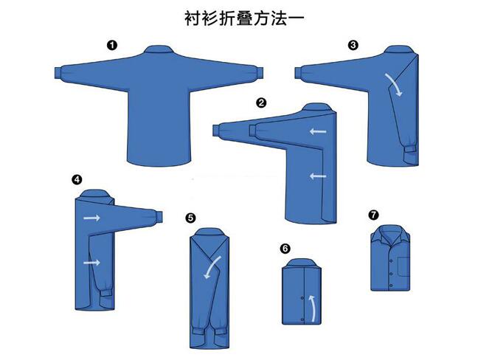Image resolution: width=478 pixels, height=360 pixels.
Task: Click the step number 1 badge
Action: tap(112, 46)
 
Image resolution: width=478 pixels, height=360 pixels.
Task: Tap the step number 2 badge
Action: tap(261, 103)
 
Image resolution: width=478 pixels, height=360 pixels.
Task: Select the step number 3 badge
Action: tap(353, 46)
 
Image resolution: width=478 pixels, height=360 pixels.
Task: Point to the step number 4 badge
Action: tap(77, 179)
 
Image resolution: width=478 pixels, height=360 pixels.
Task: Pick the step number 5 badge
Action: tap(190, 218)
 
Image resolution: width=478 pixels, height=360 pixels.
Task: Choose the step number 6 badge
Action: tap(285, 249)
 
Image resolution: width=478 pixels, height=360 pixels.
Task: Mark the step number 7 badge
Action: tap(373, 215)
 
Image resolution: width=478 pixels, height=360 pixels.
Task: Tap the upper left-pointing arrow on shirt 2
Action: tap(318, 132)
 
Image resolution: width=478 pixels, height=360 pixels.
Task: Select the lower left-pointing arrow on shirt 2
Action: tap(318, 176)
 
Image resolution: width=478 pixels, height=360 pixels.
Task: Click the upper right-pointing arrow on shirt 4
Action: tap(91, 218)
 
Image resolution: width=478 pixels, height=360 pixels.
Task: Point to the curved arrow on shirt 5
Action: tap(213, 266)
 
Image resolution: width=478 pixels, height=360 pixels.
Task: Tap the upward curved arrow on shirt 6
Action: tap(313, 308)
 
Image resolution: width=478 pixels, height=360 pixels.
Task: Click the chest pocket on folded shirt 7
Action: tap(404, 267)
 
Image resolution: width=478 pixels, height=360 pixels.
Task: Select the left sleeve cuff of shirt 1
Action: tap(59, 73)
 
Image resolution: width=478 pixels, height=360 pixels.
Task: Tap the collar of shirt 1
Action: tap(159, 49)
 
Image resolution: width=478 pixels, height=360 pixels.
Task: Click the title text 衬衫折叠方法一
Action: tap(244, 18)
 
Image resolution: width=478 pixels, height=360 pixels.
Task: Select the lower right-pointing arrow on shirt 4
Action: tap(91, 263)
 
